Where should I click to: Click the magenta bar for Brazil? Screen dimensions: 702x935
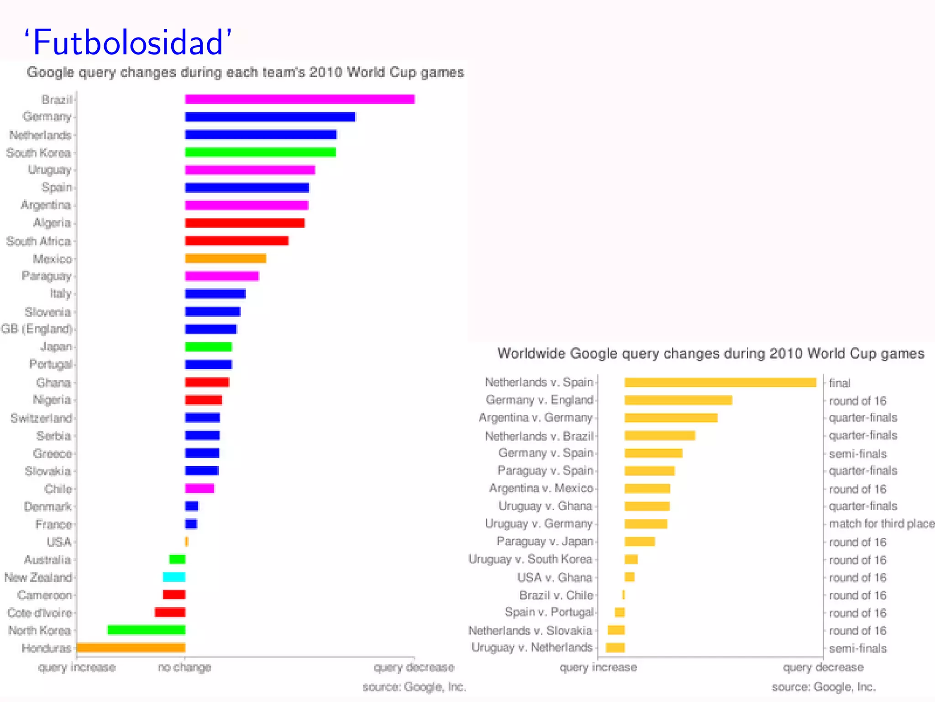pos(299,99)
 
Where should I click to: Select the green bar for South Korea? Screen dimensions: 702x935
pos(260,152)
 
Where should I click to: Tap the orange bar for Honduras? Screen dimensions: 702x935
pos(131,648)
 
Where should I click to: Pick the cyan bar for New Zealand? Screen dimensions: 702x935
pos(174,577)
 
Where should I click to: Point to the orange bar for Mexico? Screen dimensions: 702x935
pos(226,259)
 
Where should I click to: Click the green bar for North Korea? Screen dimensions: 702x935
pos(146,630)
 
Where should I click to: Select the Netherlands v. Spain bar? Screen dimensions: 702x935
pos(720,383)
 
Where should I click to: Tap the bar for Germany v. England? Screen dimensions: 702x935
pos(678,400)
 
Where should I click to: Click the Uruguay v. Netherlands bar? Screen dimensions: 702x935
pos(615,648)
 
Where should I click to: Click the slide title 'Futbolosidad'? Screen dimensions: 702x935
pos(128,43)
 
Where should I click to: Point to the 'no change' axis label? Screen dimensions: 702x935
pos(184,667)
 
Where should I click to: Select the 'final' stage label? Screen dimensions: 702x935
pos(839,383)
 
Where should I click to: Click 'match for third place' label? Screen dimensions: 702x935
pos(881,524)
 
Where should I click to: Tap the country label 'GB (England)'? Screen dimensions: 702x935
pos(37,329)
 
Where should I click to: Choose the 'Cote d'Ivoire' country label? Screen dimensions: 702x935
pos(39,613)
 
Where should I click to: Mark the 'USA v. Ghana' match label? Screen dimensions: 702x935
pos(554,578)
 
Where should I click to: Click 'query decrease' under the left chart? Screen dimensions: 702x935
pos(414,667)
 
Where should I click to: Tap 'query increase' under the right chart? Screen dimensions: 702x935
pos(598,667)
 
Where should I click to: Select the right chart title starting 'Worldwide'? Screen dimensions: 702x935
pos(710,354)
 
